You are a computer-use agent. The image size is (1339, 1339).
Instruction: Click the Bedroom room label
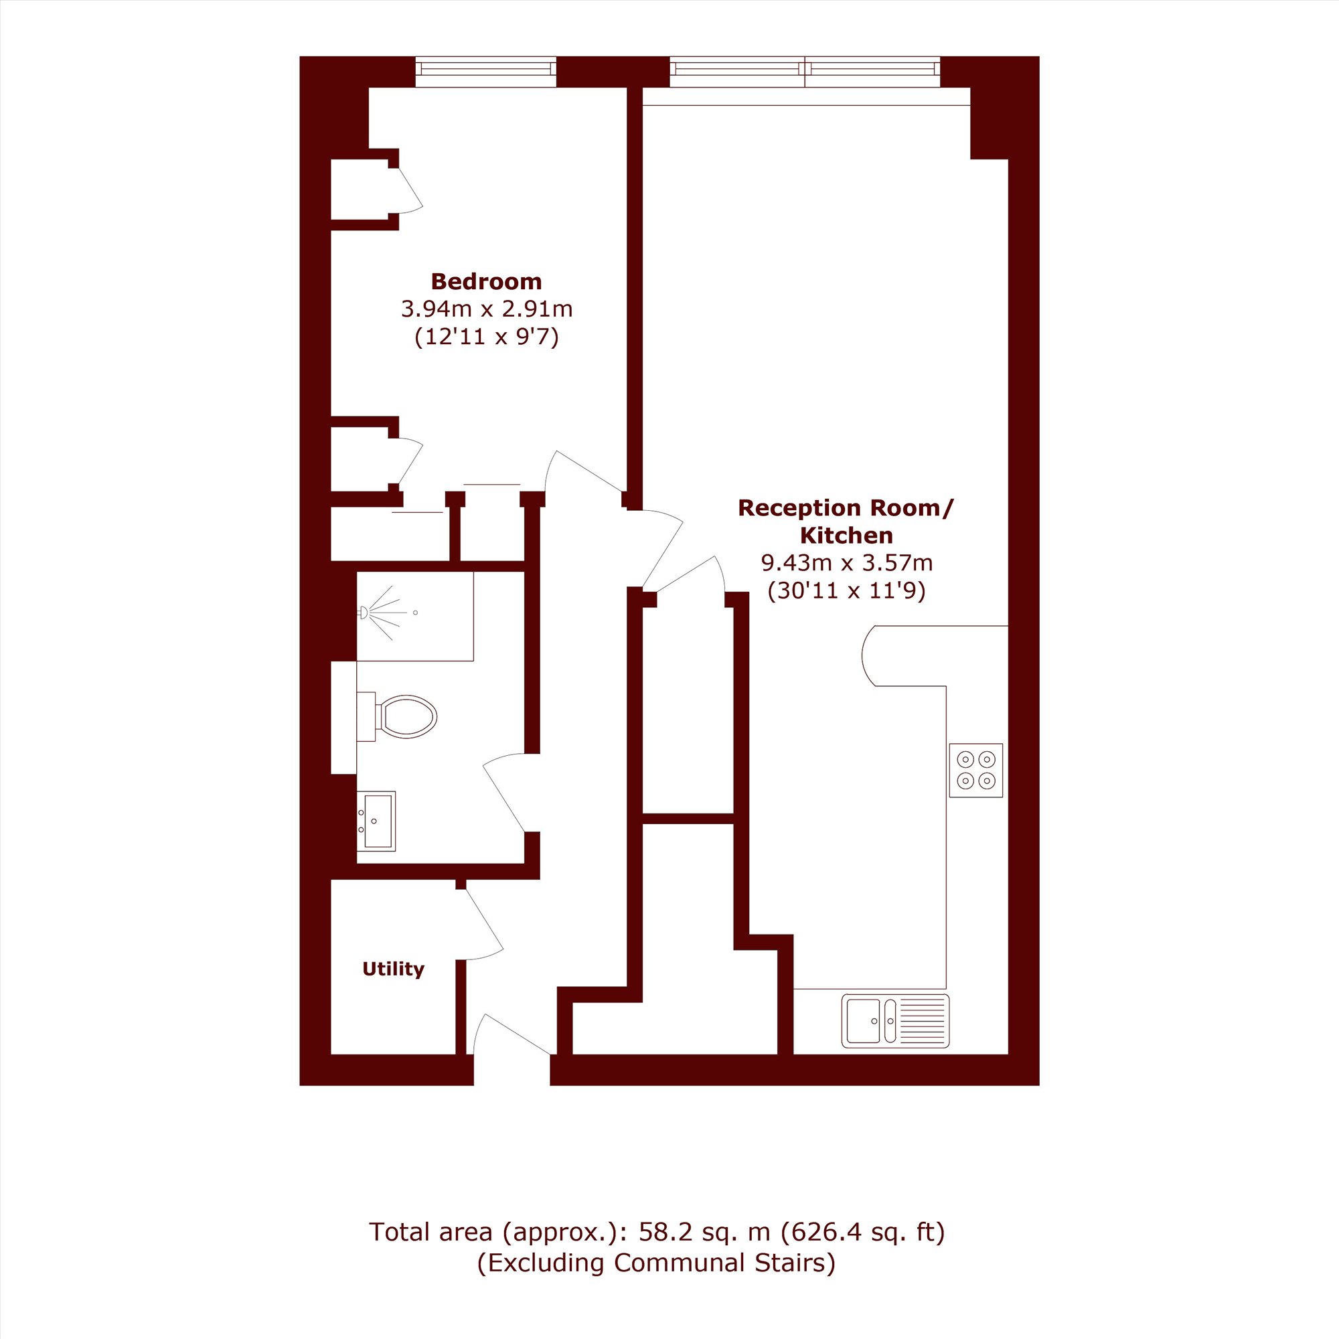[486, 281]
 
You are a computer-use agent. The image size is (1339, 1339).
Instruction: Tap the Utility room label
[393, 969]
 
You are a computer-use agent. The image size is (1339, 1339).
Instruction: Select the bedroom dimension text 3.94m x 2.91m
[487, 309]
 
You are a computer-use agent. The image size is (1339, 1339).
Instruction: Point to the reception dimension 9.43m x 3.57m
[846, 563]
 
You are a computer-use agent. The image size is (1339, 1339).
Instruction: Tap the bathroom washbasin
[376, 821]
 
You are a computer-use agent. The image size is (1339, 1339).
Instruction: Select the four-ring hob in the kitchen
[976, 770]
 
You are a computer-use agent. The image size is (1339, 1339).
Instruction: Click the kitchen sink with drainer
[895, 1021]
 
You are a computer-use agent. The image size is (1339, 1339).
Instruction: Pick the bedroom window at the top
[486, 72]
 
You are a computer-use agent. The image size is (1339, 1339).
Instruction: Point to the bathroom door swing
[504, 793]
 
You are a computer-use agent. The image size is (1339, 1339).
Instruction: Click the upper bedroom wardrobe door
[410, 189]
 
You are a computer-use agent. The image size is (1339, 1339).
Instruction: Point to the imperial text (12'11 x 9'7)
[487, 337]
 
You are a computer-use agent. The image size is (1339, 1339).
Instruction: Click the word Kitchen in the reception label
[846, 536]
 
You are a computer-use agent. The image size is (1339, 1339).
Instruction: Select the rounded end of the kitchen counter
[868, 655]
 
